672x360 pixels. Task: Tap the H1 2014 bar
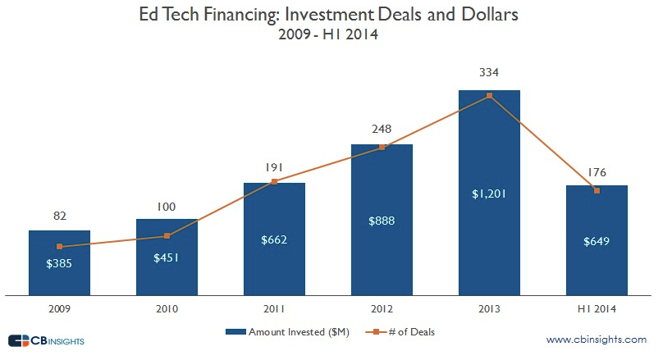(x=597, y=262)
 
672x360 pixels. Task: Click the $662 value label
(x=274, y=239)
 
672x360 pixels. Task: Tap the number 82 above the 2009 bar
(x=59, y=216)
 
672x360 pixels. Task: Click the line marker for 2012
(x=382, y=148)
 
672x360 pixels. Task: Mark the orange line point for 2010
(x=167, y=236)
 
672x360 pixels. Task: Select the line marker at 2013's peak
(x=489, y=96)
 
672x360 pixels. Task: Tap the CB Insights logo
(x=45, y=339)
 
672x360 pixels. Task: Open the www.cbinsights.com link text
(x=596, y=339)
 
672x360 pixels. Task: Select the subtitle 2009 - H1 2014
(x=335, y=36)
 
